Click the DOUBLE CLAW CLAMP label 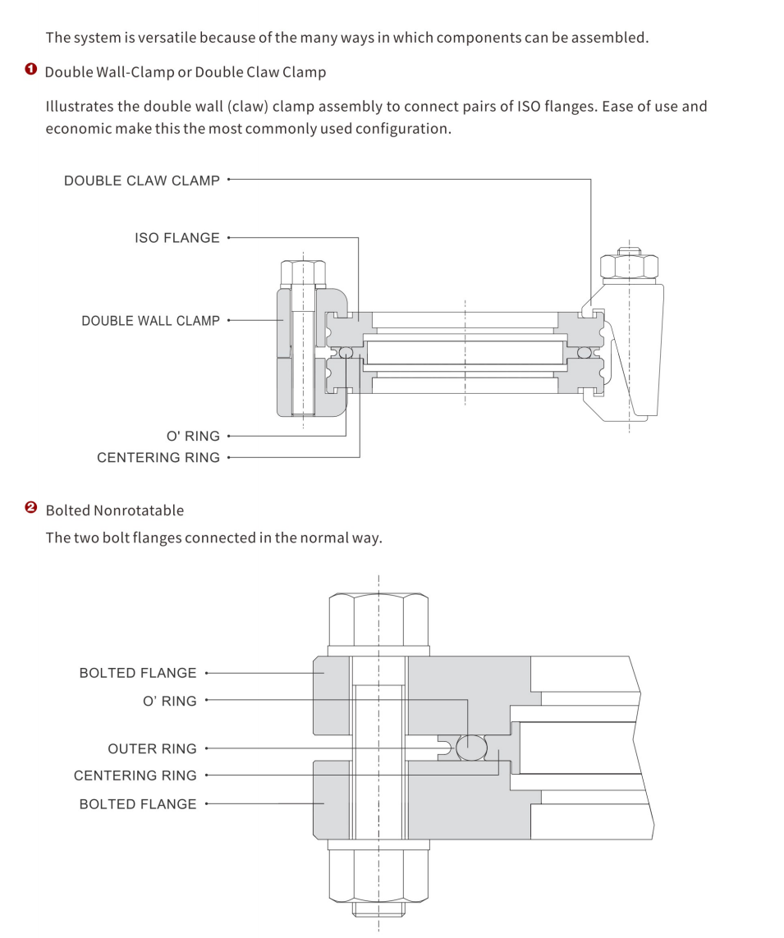tap(142, 181)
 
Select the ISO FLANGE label tap(177, 238)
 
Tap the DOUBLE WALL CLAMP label tap(151, 321)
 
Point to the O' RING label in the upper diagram tap(193, 436)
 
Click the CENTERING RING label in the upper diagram tap(158, 458)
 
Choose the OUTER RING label tap(152, 749)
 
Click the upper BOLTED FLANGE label tap(138, 673)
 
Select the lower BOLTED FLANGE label tap(138, 804)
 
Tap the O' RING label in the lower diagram tap(169, 701)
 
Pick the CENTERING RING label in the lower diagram tap(135, 776)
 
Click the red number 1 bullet tap(31, 69)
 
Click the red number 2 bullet tap(31, 508)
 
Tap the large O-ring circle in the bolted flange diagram tap(471, 748)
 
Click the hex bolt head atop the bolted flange tap(378, 620)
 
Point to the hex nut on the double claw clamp tap(629, 266)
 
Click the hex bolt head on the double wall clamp tap(303, 272)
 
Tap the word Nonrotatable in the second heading tap(139, 510)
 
